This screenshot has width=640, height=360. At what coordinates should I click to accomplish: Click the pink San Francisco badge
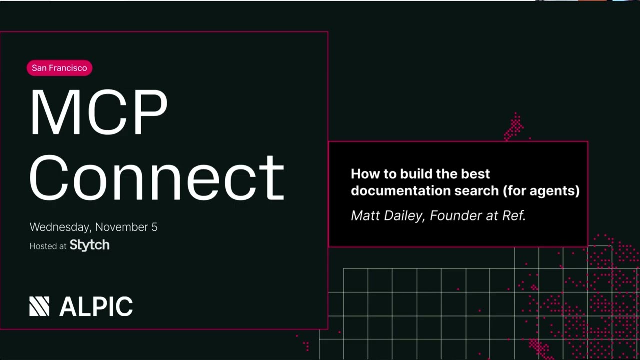point(59,68)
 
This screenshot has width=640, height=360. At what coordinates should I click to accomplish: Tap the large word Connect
point(157,177)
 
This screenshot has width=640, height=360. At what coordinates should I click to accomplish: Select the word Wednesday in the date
point(60,227)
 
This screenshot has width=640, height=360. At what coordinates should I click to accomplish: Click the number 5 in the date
point(154,227)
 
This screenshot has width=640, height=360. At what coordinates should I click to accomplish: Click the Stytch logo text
point(89,245)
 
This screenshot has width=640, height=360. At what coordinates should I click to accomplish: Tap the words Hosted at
point(48,246)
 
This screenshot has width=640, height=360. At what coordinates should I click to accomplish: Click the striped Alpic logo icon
point(39,306)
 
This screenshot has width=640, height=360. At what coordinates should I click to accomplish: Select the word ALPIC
point(96,306)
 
